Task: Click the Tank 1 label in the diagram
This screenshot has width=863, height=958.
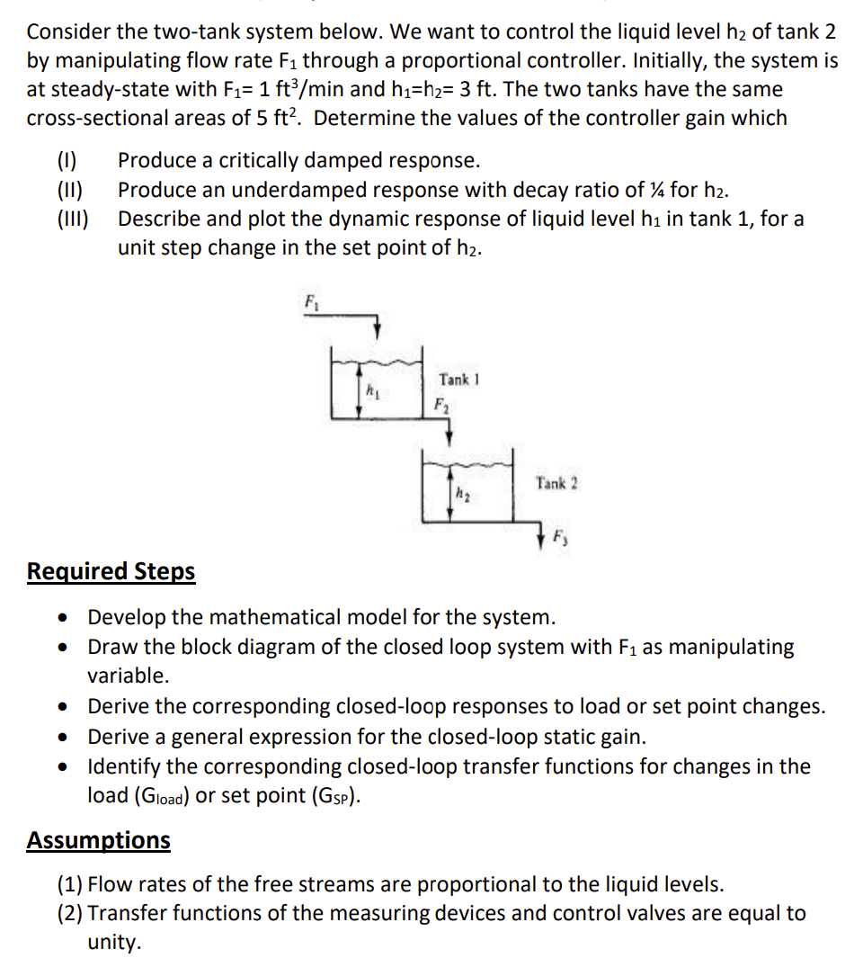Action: click(x=458, y=379)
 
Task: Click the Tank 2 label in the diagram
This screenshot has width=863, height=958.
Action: click(x=557, y=483)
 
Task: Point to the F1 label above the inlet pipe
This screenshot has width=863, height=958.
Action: click(x=311, y=300)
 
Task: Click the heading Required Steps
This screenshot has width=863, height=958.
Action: click(x=111, y=572)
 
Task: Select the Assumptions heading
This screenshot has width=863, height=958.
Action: click(x=98, y=840)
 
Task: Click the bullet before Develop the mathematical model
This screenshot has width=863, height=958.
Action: click(x=62, y=619)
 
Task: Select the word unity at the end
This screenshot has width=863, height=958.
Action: click(x=114, y=943)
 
